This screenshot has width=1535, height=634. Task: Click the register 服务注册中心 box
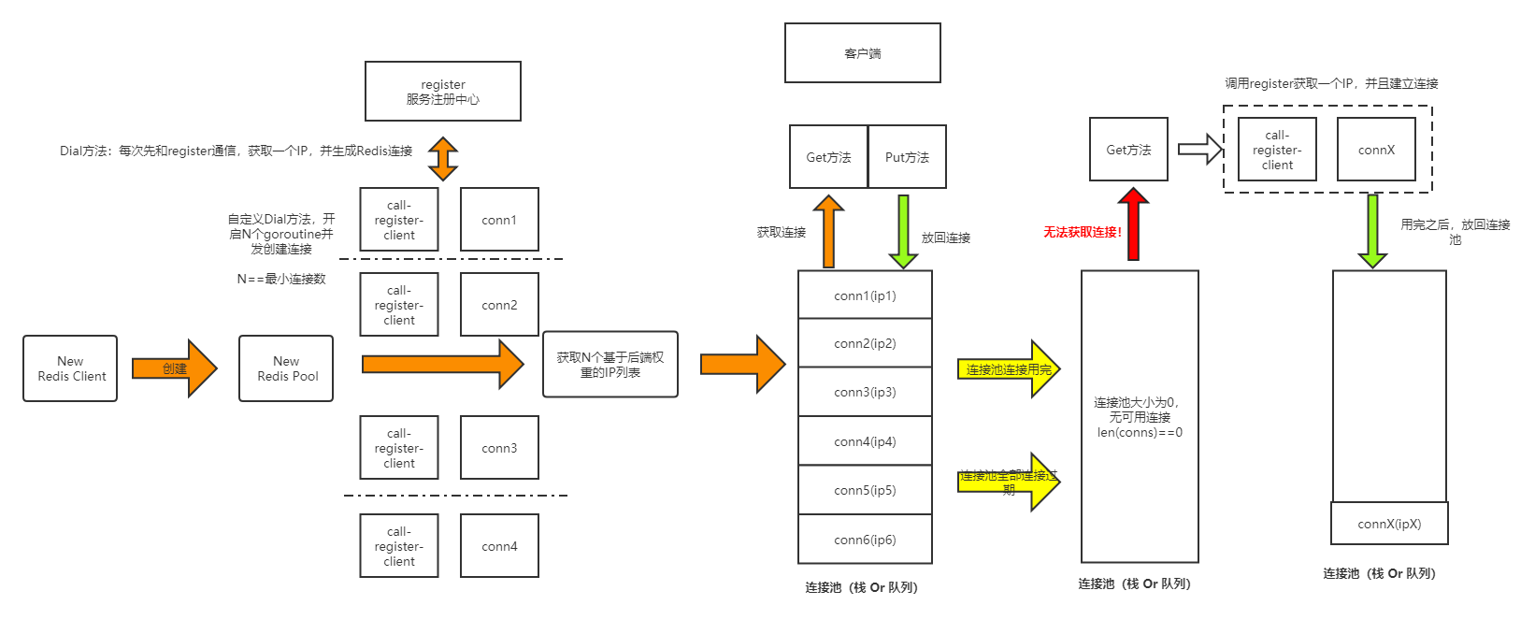(442, 92)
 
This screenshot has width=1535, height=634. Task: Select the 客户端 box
(862, 53)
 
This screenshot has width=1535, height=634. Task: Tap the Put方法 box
(907, 157)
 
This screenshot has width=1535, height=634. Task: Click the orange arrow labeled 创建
(175, 368)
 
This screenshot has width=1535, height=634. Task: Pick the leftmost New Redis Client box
(70, 368)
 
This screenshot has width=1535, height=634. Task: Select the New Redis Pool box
(286, 368)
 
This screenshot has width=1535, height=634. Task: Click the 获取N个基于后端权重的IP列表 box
(610, 365)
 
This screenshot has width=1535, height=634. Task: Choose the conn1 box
(499, 220)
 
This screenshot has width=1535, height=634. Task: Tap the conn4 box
(499, 546)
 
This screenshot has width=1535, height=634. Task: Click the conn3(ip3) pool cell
(865, 392)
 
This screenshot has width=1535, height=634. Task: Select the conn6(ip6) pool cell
(865, 540)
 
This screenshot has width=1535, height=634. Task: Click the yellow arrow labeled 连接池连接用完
(1009, 369)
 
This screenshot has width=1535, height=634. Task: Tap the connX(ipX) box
(1389, 524)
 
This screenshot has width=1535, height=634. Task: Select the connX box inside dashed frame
(1376, 150)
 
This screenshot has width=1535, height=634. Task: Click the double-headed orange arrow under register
(442, 159)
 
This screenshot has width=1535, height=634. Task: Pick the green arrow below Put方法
(903, 230)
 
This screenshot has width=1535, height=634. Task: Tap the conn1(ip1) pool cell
(865, 295)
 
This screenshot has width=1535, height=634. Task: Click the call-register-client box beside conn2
(399, 305)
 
